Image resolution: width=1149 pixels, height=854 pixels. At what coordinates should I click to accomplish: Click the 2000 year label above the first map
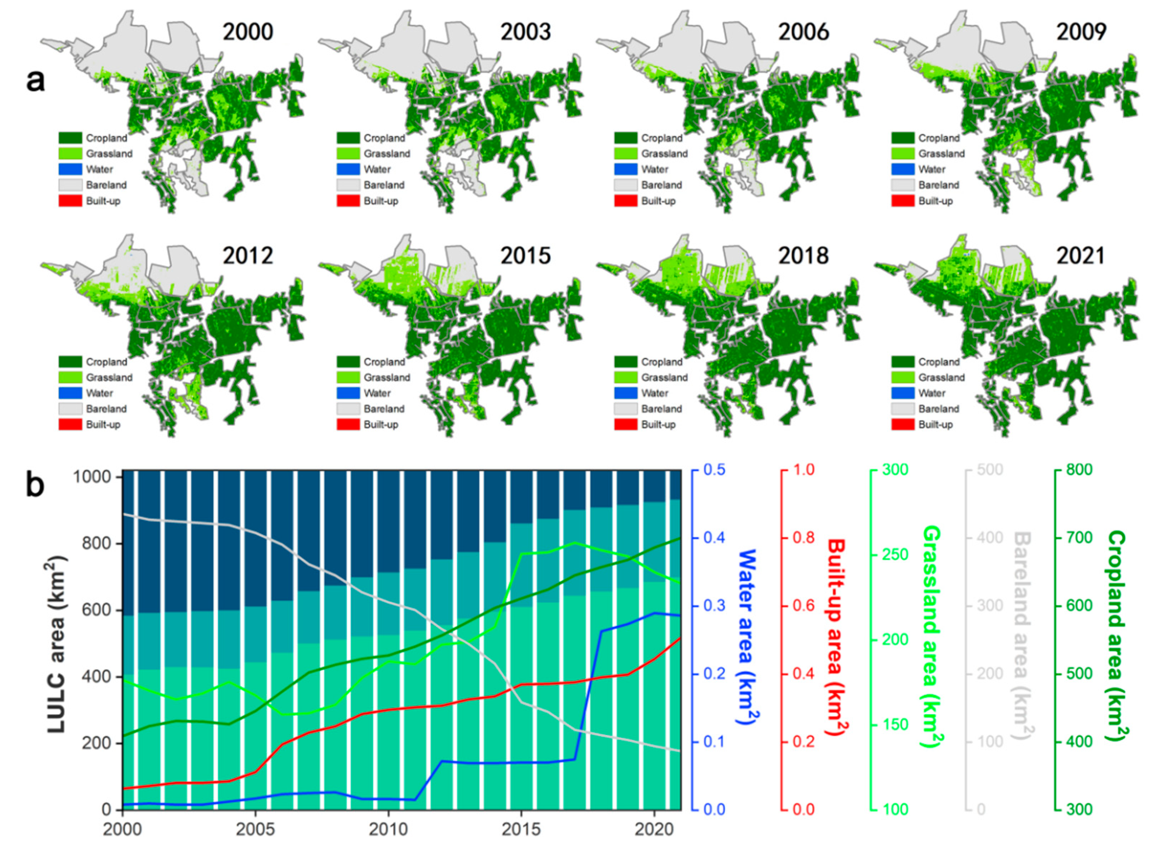click(248, 32)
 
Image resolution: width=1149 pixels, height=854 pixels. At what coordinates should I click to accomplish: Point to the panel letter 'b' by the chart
click(35, 486)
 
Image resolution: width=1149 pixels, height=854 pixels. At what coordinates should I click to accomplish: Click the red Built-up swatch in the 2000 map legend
click(70, 201)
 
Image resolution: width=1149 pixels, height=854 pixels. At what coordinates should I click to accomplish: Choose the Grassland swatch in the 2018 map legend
click(625, 377)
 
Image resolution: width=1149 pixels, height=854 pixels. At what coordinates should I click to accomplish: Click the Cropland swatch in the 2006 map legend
click(625, 138)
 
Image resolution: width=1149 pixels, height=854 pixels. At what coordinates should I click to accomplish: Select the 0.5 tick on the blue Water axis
click(715, 470)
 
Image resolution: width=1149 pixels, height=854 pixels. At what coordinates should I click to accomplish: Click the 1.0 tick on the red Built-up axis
click(803, 470)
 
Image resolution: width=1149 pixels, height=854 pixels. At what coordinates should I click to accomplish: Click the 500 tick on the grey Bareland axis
click(990, 470)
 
